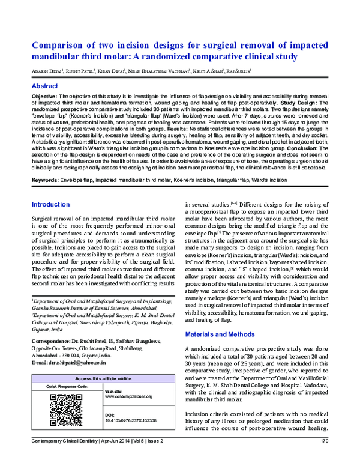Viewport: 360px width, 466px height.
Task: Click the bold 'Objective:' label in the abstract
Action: pos(44,96)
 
